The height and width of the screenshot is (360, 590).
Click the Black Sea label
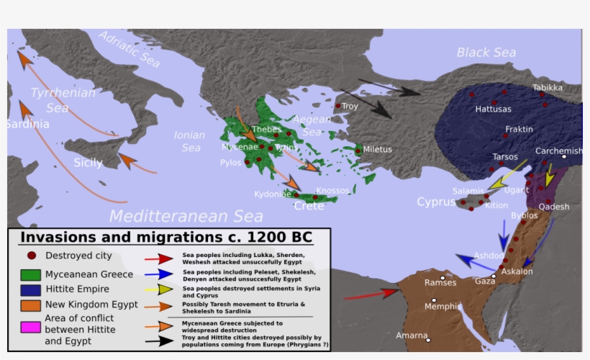coord(486,52)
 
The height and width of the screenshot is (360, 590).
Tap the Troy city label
coord(350,107)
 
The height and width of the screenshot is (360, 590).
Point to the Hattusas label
coord(494,109)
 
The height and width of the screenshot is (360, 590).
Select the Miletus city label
coord(378,150)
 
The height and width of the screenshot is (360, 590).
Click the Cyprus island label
coord(437,202)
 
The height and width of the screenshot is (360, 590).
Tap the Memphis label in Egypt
coord(443,307)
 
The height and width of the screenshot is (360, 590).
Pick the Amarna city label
coord(411,336)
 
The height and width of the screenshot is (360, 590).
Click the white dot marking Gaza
coord(494,276)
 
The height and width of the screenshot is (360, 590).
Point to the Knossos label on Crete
coord(332,191)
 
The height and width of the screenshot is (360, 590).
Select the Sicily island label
coord(88,163)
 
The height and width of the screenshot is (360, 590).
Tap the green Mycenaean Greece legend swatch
coord(30,274)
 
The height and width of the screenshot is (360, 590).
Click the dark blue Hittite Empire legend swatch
coord(30,289)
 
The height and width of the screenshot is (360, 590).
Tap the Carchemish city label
coord(558,151)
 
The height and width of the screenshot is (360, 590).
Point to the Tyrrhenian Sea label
coord(63,100)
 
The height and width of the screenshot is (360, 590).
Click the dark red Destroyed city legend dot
coord(31,255)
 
